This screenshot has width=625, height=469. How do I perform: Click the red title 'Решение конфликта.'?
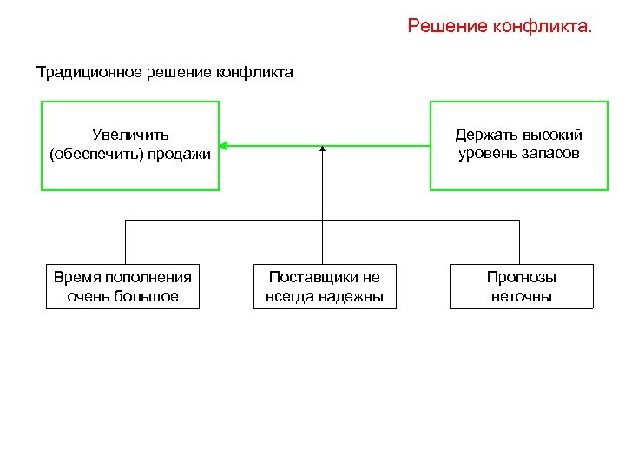(500, 27)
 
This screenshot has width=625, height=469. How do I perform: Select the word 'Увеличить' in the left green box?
(130, 135)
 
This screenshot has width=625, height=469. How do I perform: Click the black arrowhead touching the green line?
(322, 149)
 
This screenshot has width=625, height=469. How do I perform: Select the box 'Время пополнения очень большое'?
(122, 287)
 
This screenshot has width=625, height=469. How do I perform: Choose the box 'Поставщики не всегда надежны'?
(325, 287)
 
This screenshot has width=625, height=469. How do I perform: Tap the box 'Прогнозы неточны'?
(521, 287)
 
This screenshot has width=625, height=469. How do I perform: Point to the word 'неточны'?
(521, 297)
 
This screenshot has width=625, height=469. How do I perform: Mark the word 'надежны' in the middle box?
(353, 297)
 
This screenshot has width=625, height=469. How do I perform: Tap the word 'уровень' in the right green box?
(489, 154)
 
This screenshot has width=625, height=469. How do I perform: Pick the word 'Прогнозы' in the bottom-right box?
(521, 278)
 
